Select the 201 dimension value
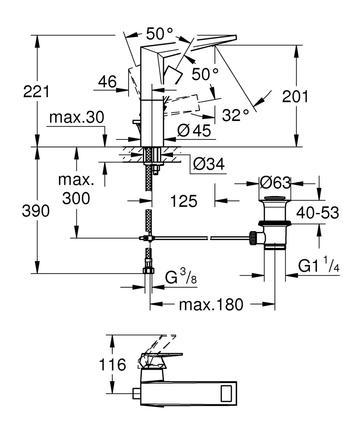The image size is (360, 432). tap(295, 96)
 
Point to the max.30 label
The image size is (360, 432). tap(76, 117)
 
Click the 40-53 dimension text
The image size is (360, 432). tap(317, 212)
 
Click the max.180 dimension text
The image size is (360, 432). tap(211, 305)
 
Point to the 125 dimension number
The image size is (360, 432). tap(183, 200)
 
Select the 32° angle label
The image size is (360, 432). tap(236, 114)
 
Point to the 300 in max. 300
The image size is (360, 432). tap(76, 198)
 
